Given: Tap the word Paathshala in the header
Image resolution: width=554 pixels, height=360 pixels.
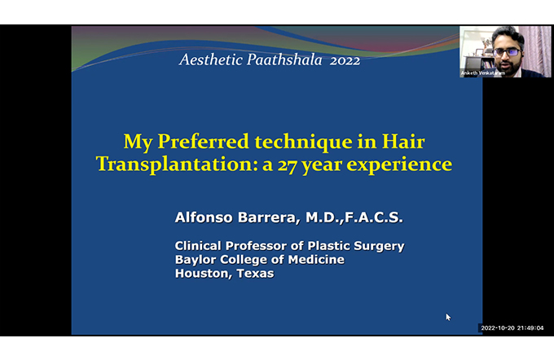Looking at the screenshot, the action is point(284,59).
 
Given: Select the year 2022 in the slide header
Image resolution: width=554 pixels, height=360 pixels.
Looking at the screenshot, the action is point(345,60).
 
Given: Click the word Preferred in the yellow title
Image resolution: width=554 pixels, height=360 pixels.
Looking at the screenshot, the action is point(203,142).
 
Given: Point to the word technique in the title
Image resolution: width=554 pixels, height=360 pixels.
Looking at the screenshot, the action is point(304,143).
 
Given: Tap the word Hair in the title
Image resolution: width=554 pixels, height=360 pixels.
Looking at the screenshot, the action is point(403,142).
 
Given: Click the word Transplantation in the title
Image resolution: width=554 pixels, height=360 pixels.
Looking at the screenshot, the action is point(177,165).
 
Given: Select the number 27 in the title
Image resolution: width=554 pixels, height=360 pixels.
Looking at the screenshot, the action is point(288,165).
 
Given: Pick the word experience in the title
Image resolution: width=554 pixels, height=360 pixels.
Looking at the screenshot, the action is point(399,165).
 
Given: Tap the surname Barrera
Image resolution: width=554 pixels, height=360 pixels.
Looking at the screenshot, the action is point(269,217).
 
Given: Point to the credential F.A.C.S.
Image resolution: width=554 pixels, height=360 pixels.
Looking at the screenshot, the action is point(374,217).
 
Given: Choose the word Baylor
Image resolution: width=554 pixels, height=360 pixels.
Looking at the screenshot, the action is point(196,260).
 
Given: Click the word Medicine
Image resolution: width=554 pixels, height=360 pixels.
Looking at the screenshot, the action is point(316,259).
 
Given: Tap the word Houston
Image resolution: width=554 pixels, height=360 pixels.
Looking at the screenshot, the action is point(204,274).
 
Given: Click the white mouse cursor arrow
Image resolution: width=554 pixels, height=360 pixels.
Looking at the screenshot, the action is point(448,317).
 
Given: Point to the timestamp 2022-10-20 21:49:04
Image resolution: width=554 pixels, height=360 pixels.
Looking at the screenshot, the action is point(512,328).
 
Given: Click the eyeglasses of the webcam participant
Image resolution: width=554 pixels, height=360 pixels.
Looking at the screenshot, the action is point(507,52).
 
